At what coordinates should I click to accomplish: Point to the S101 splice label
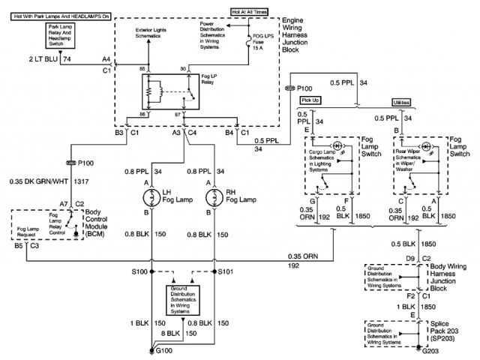[x=228, y=271]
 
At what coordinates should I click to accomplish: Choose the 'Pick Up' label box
[x=310, y=101]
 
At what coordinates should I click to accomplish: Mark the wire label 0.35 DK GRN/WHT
[x=37, y=181]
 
